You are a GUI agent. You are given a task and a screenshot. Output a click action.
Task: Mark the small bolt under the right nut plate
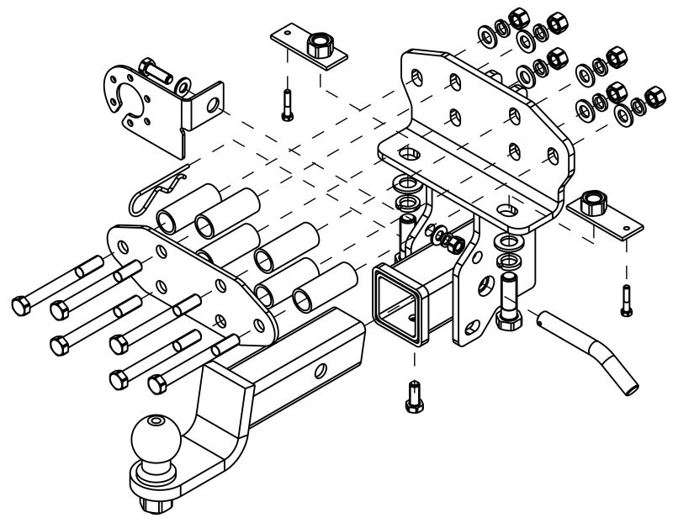(627, 298)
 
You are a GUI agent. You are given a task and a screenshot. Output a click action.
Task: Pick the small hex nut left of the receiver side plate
(453, 244)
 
